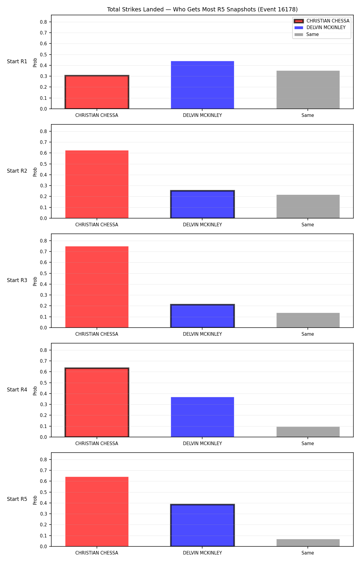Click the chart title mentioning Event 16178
pyautogui.click(x=202, y=10)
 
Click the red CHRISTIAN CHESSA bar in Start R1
pyautogui.click(x=97, y=92)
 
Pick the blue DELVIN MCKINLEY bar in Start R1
pyautogui.click(x=202, y=85)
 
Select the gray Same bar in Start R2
pyautogui.click(x=308, y=207)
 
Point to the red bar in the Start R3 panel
pyautogui.click(x=97, y=287)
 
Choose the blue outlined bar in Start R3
pyautogui.click(x=202, y=316)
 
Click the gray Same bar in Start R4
pyautogui.click(x=308, y=432)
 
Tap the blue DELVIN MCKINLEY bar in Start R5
pyautogui.click(x=202, y=525)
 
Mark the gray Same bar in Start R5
pyautogui.click(x=308, y=543)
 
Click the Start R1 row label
pyautogui.click(x=17, y=61)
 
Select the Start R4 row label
pyautogui.click(x=17, y=390)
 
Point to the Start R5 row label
pyautogui.click(x=17, y=499)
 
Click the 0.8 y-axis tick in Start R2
pyautogui.click(x=43, y=131)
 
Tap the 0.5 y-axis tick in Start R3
pyautogui.click(x=43, y=273)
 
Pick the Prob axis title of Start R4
pyautogui.click(x=35, y=391)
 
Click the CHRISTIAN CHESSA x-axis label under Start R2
pyautogui.click(x=97, y=225)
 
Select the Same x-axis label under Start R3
pyautogui.click(x=308, y=334)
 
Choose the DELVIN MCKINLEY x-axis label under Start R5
pyautogui.click(x=202, y=553)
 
